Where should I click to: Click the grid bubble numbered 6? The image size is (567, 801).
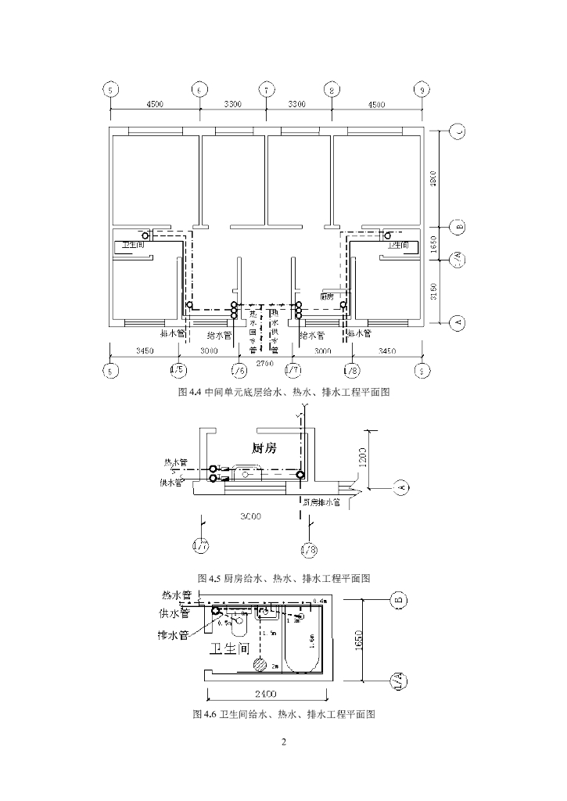pyautogui.click(x=199, y=89)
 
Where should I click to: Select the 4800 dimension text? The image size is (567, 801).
pyautogui.click(x=433, y=180)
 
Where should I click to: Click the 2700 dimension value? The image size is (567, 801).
pyautogui.click(x=267, y=365)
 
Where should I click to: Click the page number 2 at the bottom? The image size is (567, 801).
pyautogui.click(x=284, y=742)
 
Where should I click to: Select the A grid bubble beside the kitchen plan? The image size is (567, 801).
pyautogui.click(x=402, y=488)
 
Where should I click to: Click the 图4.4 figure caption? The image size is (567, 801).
pyautogui.click(x=284, y=393)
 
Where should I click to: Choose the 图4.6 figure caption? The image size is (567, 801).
pyautogui.click(x=284, y=714)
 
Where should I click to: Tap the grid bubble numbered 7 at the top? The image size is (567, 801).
pyautogui.click(x=266, y=89)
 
